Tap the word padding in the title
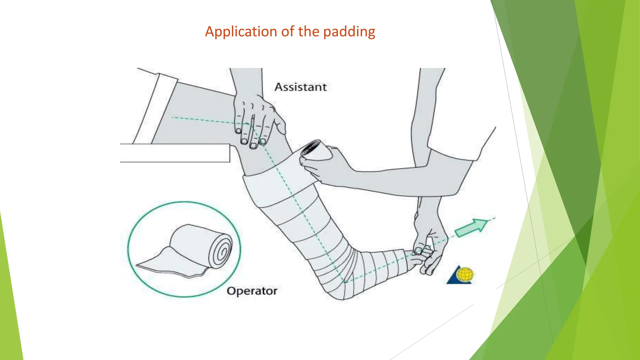click(349, 32)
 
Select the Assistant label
click(301, 87)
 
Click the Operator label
click(252, 291)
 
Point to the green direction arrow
click(471, 227)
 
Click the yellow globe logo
click(465, 275)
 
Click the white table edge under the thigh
click(175, 153)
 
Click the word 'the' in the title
click(309, 32)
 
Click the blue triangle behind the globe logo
click(456, 277)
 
